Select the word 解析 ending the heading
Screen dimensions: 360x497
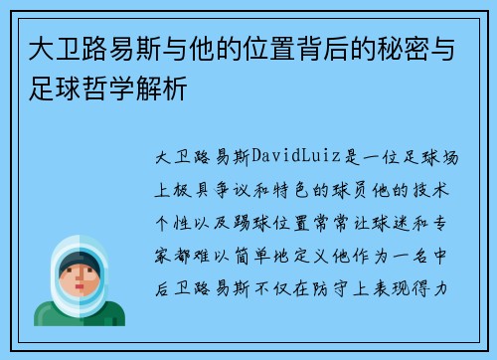(x=166, y=93)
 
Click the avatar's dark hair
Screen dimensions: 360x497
(x=80, y=262)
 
